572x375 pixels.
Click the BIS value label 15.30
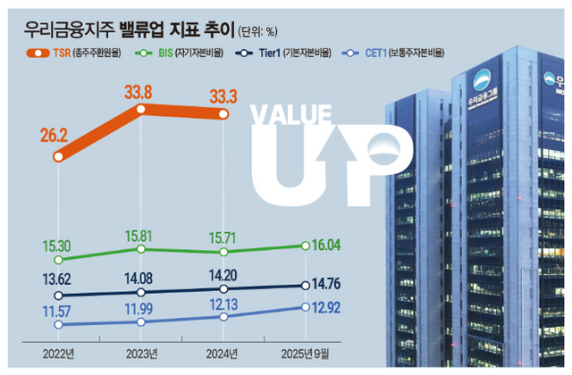pyautogui.click(x=57, y=244)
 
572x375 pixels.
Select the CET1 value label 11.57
pyautogui.click(x=57, y=308)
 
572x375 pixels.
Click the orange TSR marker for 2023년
pyautogui.click(x=141, y=109)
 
